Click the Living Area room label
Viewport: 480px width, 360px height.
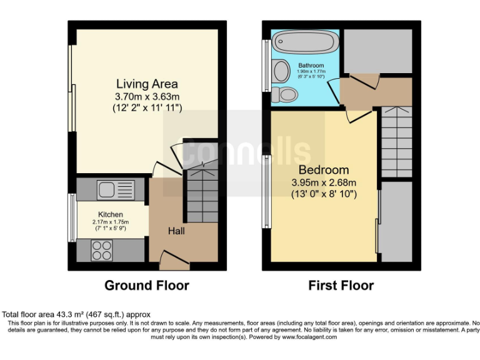click(x=147, y=84)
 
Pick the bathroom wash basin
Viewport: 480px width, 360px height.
click(x=279, y=69)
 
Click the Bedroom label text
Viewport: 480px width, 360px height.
click(x=323, y=170)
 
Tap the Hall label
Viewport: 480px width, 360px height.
click(x=176, y=231)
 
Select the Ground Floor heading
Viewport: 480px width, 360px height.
click(x=146, y=286)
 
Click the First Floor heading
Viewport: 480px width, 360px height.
click(x=341, y=286)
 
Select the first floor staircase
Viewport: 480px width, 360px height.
click(x=396, y=141)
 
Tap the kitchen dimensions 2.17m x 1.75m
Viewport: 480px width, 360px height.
click(x=110, y=222)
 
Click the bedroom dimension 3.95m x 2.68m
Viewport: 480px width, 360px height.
click(x=323, y=182)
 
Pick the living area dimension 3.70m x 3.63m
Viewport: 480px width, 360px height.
click(x=147, y=97)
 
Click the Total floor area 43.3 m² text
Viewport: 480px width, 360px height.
click(x=76, y=314)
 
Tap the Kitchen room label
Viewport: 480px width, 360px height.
click(x=110, y=214)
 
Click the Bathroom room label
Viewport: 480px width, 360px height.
click(x=311, y=66)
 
